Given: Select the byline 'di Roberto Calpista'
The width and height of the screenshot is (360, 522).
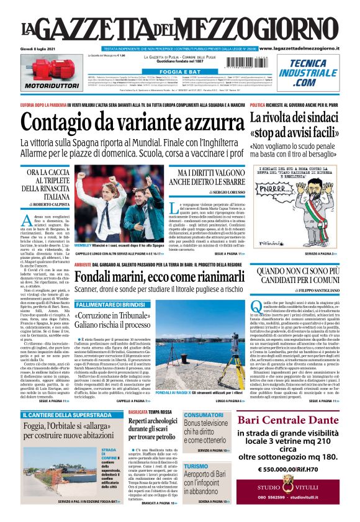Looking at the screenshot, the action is (47, 203).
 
